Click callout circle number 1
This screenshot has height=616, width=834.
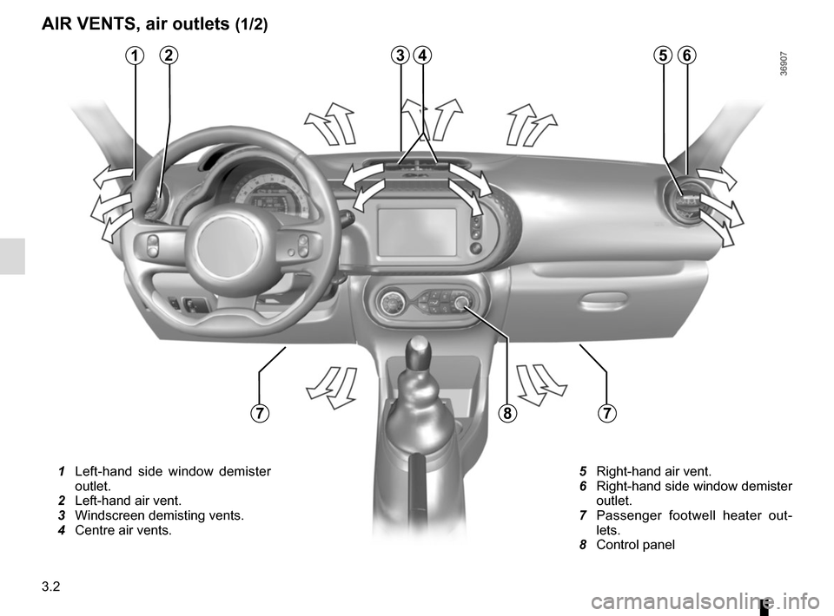click(x=136, y=56)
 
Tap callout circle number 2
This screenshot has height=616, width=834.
click(x=169, y=56)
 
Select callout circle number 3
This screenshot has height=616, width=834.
click(x=400, y=56)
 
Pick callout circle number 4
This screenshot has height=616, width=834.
click(x=423, y=56)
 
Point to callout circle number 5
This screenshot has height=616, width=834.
click(x=663, y=56)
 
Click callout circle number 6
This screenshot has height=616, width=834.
click(x=686, y=56)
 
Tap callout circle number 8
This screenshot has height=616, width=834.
click(x=507, y=413)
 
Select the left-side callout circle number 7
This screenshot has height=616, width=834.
click(x=259, y=413)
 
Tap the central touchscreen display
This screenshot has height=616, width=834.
click(x=418, y=232)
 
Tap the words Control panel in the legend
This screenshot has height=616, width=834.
click(x=636, y=545)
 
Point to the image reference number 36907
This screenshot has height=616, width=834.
click(x=785, y=64)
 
